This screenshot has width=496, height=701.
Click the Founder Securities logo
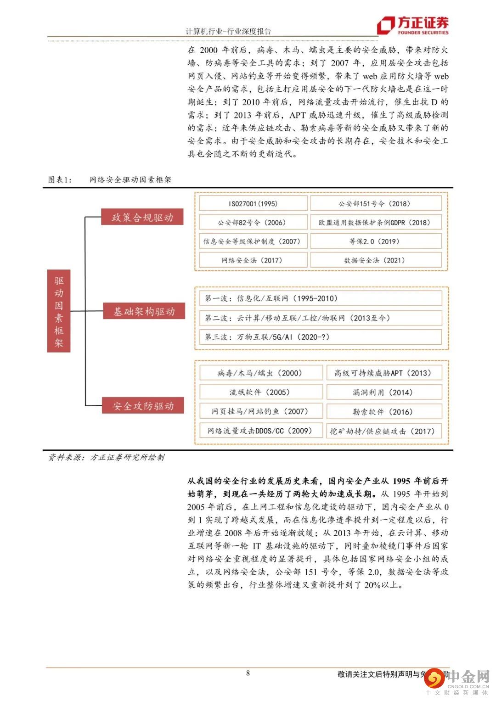(412, 25)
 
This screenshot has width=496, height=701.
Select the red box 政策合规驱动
(142, 217)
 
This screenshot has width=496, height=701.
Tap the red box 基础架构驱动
(144, 311)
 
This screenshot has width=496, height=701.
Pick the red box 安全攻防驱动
(143, 406)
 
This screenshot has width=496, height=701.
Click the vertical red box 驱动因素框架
(59, 311)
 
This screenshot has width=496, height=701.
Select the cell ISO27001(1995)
(253, 203)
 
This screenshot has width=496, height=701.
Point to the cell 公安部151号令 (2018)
(376, 203)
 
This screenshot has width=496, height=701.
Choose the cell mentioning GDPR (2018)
(376, 222)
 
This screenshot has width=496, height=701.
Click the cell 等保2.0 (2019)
(376, 241)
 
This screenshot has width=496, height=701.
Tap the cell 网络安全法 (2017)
(253, 260)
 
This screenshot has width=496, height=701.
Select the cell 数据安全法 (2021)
(376, 260)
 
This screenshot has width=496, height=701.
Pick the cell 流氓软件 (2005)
(261, 392)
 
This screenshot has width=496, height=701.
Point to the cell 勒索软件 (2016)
(384, 411)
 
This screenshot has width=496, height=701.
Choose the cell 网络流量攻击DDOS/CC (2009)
(261, 431)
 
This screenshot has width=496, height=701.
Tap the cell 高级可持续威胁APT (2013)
(384, 373)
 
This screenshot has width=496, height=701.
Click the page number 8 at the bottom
(248, 673)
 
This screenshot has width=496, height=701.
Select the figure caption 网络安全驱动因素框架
(130, 179)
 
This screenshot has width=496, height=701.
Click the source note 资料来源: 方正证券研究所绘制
(106, 457)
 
